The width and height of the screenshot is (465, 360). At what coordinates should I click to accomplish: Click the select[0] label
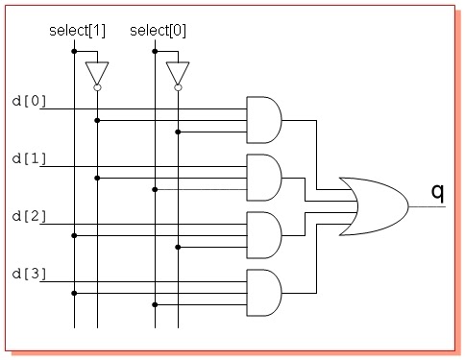pyautogui.click(x=158, y=31)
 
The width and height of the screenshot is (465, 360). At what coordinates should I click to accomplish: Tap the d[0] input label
pyautogui.click(x=29, y=100)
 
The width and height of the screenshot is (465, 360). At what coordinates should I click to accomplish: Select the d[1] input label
pyautogui.click(x=29, y=157)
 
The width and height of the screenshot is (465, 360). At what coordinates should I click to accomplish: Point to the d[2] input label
pyautogui.click(x=29, y=215)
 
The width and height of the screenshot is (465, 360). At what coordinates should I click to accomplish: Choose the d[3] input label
pyautogui.click(x=29, y=273)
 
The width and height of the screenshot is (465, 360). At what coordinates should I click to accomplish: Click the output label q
pyautogui.click(x=437, y=192)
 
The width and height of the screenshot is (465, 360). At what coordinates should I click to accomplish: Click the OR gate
pyautogui.click(x=379, y=205)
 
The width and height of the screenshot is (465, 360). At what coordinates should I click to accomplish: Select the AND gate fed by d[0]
pyautogui.click(x=263, y=119)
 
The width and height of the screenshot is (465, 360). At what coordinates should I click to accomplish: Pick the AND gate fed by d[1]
pyautogui.click(x=263, y=177)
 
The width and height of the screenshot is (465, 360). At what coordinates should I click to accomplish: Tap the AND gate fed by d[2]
pyautogui.click(x=263, y=234)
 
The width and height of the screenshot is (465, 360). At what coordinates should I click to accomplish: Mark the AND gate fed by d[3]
pyautogui.click(x=263, y=292)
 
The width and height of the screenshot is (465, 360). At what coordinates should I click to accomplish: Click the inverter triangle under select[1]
pyautogui.click(x=97, y=72)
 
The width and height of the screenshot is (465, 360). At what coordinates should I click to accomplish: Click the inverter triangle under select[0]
pyautogui.click(x=178, y=72)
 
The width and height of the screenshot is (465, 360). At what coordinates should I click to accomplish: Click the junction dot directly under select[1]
pyautogui.click(x=74, y=51)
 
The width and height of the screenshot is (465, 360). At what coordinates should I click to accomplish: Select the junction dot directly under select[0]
pyautogui.click(x=155, y=51)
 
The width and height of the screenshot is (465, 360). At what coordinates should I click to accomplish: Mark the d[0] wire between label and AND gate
pyautogui.click(x=144, y=108)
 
